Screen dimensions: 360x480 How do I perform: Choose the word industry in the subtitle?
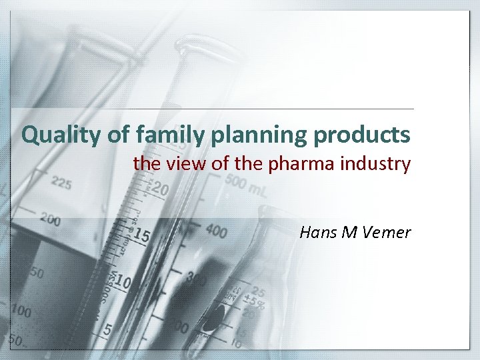(x=377, y=163)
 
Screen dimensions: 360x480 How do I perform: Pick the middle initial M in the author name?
(x=352, y=233)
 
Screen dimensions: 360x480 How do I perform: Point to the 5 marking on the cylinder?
(x=107, y=329)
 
